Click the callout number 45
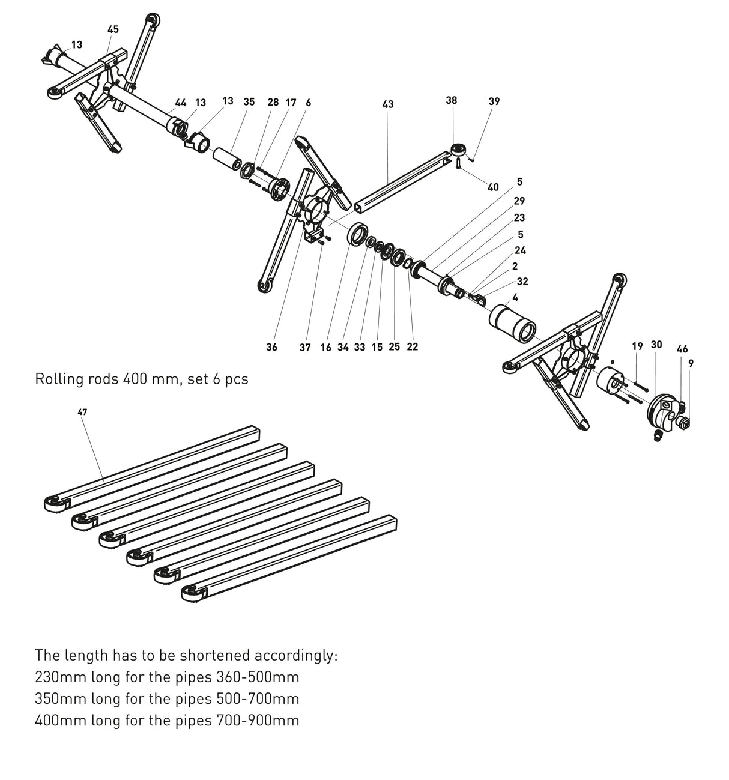tap(113, 29)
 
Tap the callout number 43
tap(387, 104)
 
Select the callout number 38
tap(451, 100)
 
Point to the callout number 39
tap(494, 101)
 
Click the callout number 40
tap(492, 187)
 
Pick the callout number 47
tap(82, 412)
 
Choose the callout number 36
tap(271, 347)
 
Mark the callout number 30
tap(656, 345)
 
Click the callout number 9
tap(691, 363)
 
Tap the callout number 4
tap(515, 297)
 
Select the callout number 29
tap(519, 201)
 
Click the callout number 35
tap(249, 102)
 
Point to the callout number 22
tap(412, 347)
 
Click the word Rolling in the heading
tap(58, 379)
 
